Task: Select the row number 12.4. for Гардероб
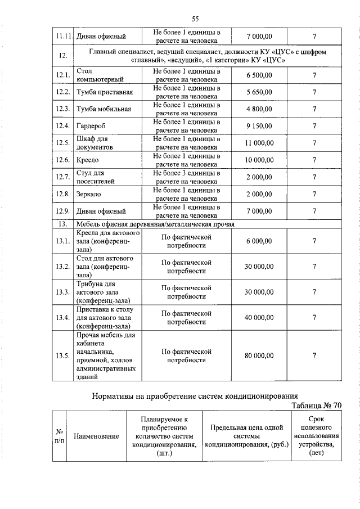62,126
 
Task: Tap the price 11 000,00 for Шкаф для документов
259,143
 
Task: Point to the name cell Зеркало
89,194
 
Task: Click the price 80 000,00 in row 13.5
259,355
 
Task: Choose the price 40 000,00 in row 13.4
259,317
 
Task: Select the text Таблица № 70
316,406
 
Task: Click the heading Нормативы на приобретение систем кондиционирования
195,396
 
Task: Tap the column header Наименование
96,436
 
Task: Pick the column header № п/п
59,436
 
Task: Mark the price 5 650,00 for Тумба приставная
259,92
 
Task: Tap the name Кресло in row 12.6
87,160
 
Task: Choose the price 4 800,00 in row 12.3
259,109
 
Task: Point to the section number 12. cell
62,56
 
